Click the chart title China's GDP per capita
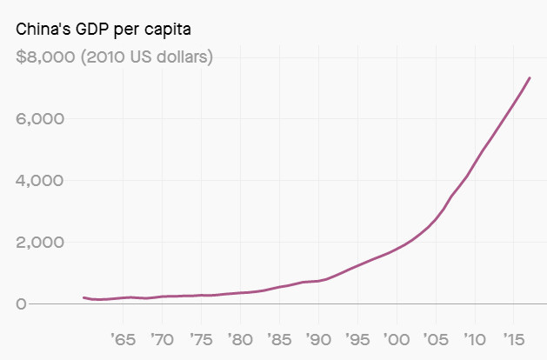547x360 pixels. click(103, 30)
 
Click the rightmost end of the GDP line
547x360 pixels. click(530, 78)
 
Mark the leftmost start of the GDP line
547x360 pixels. click(83, 297)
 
